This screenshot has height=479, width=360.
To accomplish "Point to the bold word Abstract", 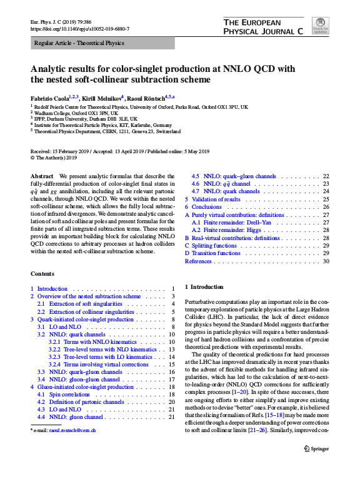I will coord(42,177).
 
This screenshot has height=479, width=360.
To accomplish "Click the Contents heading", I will coord(42,274).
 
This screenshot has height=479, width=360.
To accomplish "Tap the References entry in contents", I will coord(199,261).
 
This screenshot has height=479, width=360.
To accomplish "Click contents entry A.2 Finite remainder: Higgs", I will coord(229,230).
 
